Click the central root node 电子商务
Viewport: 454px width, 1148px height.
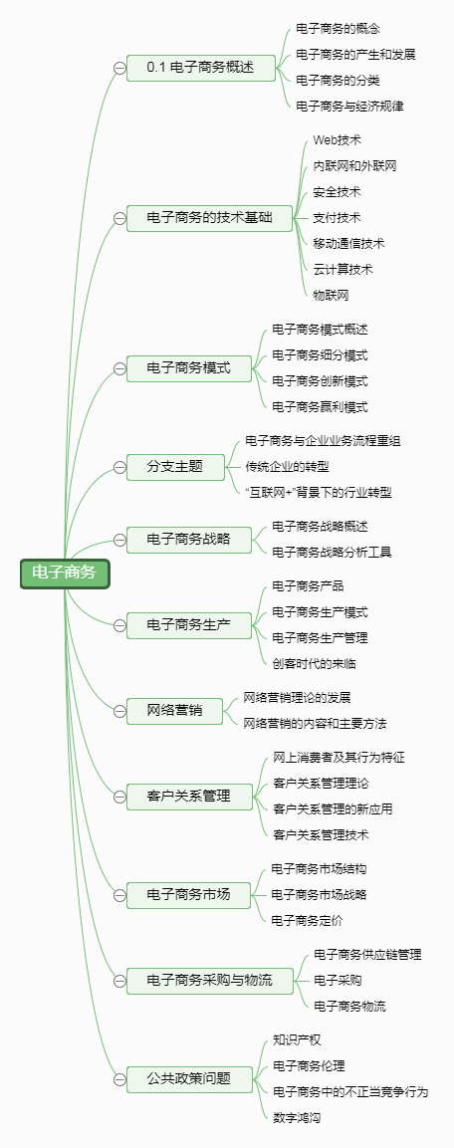[x=65, y=574]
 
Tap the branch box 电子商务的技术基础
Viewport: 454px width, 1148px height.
[x=209, y=218]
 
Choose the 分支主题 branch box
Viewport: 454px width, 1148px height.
[x=175, y=466]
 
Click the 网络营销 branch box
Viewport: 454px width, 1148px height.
[x=175, y=710]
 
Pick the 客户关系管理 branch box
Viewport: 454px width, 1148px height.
[x=189, y=796]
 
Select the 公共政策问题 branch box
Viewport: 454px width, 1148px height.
[x=189, y=1078]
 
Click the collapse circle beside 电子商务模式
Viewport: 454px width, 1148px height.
[x=119, y=369]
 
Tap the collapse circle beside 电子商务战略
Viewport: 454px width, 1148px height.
[x=119, y=541]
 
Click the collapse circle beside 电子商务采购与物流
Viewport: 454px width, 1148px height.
[x=119, y=981]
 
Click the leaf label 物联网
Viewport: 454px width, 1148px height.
[x=331, y=295]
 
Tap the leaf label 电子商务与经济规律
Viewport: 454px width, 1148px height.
[x=350, y=107]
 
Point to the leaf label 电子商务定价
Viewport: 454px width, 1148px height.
[x=307, y=920]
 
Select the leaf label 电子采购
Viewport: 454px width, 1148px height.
[x=338, y=981]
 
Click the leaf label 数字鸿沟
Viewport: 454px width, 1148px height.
[x=297, y=1117]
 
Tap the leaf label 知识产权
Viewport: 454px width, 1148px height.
[x=297, y=1040]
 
